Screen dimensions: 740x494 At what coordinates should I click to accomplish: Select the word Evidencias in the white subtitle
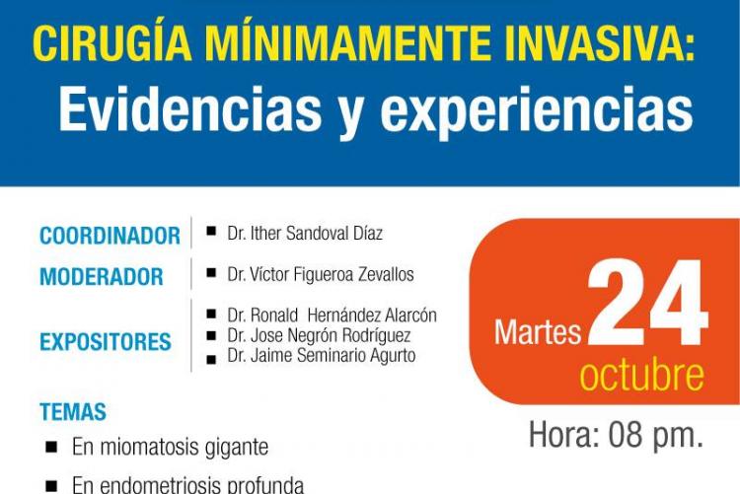click(190, 109)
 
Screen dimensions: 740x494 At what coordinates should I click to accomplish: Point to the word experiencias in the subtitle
click(537, 113)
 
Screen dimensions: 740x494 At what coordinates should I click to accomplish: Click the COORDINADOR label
click(110, 236)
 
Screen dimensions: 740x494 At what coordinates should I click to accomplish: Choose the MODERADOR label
click(102, 277)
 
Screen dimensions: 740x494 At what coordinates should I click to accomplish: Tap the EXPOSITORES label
click(106, 342)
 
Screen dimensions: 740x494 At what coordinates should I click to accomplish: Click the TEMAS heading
click(73, 412)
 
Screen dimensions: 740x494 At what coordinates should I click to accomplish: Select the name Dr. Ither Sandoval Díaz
click(305, 233)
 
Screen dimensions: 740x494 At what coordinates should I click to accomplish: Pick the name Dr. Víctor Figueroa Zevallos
click(321, 274)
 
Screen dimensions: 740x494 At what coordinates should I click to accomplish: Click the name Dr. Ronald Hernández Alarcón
click(333, 316)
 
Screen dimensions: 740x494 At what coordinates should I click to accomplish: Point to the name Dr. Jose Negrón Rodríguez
click(319, 335)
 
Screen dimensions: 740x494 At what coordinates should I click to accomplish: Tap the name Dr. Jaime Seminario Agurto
click(322, 355)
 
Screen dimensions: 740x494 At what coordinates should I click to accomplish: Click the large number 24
click(647, 302)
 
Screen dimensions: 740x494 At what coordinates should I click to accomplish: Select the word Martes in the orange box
click(538, 332)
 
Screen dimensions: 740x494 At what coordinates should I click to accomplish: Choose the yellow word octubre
click(642, 375)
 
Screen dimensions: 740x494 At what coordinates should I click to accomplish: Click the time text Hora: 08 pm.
click(616, 435)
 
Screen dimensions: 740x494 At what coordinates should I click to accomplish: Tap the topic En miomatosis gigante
click(171, 448)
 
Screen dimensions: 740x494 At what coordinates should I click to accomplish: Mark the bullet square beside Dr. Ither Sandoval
click(211, 231)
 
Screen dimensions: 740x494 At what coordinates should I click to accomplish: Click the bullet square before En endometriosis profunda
click(51, 486)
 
